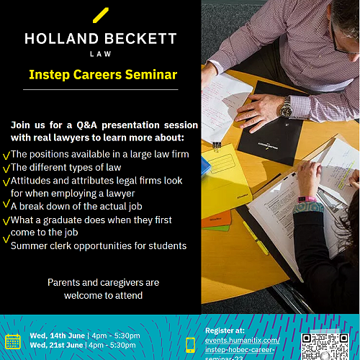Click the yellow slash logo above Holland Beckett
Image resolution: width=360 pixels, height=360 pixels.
click(x=101, y=15)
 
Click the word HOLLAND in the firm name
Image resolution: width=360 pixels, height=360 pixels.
click(x=62, y=39)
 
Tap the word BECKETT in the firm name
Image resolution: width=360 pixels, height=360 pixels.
click(x=140, y=39)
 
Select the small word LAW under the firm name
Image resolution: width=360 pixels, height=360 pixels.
click(x=101, y=54)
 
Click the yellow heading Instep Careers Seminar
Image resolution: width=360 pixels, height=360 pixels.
click(x=103, y=74)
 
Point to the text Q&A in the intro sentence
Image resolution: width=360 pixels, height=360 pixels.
click(x=87, y=125)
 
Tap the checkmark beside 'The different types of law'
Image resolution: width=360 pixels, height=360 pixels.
click(x=6, y=168)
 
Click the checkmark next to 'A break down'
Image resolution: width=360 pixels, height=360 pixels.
click(x=6, y=204)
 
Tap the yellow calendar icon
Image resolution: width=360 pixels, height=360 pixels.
click(x=13, y=341)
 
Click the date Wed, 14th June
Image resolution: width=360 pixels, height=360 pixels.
click(x=58, y=336)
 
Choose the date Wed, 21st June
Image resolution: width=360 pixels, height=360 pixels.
click(x=56, y=345)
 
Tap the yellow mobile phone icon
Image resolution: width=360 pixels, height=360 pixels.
click(x=190, y=345)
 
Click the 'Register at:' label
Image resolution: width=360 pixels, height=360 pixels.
click(x=225, y=330)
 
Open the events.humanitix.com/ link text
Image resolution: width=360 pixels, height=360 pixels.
click(x=243, y=341)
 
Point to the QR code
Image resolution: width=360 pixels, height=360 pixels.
click(x=325, y=346)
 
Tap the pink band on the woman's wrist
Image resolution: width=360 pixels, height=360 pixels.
click(x=307, y=199)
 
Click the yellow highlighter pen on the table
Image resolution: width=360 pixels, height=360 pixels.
click(x=256, y=238)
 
